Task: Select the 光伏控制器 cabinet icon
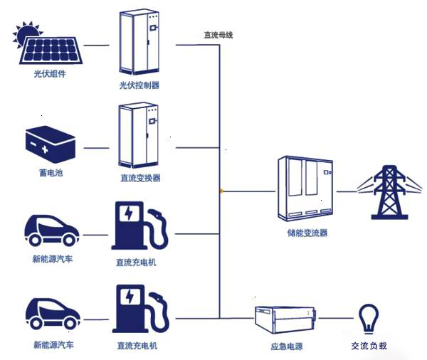[137, 43]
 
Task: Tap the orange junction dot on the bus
[222, 191]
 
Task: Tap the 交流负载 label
[369, 346]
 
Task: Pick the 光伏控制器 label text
[139, 85]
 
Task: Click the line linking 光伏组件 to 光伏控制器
[97, 45]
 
